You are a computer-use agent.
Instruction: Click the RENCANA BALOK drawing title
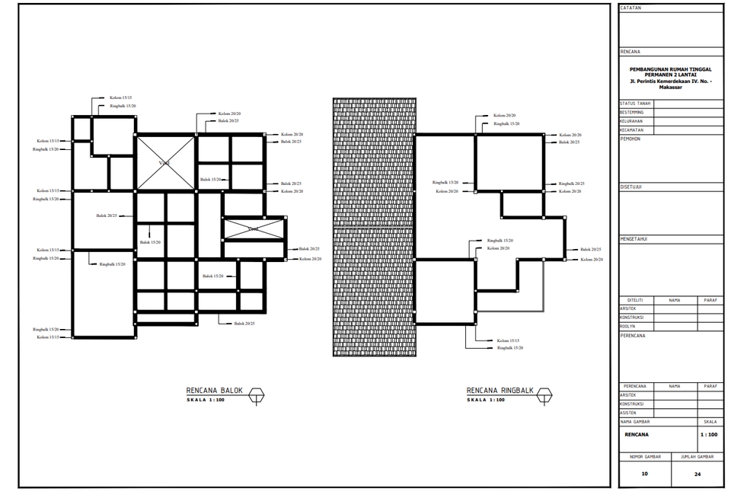click(214, 391)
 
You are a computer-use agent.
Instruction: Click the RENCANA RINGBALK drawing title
click(500, 391)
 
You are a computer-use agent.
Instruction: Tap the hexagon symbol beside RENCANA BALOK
click(257, 394)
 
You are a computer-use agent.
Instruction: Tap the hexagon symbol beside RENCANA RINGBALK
click(544, 394)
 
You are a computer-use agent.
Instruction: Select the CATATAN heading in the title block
click(631, 8)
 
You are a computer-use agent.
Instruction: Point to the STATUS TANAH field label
click(635, 103)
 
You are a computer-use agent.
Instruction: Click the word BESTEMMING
click(632, 112)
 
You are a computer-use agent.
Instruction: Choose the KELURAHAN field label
click(631, 121)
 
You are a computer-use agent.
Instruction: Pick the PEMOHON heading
click(630, 139)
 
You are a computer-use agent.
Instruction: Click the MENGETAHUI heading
click(634, 239)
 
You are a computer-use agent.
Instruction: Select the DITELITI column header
click(635, 300)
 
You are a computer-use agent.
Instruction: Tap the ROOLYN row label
click(628, 326)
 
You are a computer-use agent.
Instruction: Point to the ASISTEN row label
click(629, 412)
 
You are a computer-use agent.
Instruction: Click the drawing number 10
click(644, 474)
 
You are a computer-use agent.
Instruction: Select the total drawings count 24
click(697, 474)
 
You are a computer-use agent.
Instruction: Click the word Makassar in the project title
click(671, 87)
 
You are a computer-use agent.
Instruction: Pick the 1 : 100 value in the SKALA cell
click(708, 435)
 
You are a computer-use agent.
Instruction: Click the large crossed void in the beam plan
click(165, 163)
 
